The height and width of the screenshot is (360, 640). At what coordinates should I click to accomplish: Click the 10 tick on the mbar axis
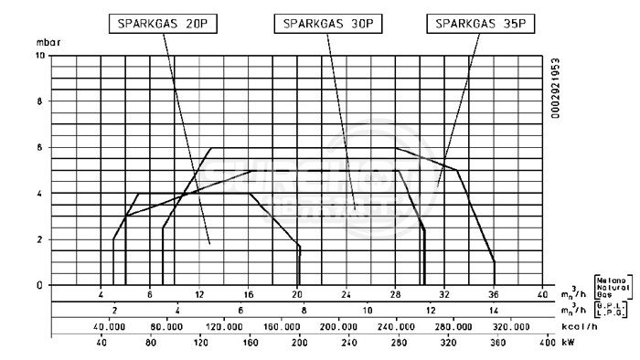tap(37, 56)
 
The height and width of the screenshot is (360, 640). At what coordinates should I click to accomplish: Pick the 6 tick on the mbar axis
tap(38, 148)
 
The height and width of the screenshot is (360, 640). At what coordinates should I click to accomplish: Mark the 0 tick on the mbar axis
tap(38, 285)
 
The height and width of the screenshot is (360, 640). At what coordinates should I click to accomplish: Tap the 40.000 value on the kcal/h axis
tap(109, 326)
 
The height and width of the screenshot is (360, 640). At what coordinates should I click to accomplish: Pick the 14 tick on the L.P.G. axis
tap(494, 311)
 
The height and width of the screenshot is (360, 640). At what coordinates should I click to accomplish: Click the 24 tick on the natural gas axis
tap(347, 294)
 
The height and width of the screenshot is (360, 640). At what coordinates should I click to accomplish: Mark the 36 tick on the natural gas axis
tap(494, 294)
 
